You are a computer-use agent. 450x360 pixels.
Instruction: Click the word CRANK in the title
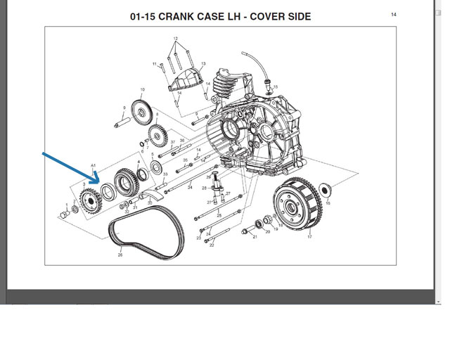(184, 16)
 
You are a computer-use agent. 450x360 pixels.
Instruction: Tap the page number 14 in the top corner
(394, 14)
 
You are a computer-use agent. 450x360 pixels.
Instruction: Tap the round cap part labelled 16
(326, 189)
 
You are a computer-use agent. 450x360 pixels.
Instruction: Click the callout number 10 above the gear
(141, 89)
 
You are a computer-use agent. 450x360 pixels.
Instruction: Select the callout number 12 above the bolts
(176, 38)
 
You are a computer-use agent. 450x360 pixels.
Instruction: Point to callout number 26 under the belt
(120, 255)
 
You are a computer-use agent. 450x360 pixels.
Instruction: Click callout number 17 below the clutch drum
(309, 237)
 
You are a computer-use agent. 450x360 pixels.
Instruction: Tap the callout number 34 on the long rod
(190, 188)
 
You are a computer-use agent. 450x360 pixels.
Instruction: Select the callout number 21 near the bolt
(255, 237)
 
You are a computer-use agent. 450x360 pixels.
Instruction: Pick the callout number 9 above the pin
(124, 108)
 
